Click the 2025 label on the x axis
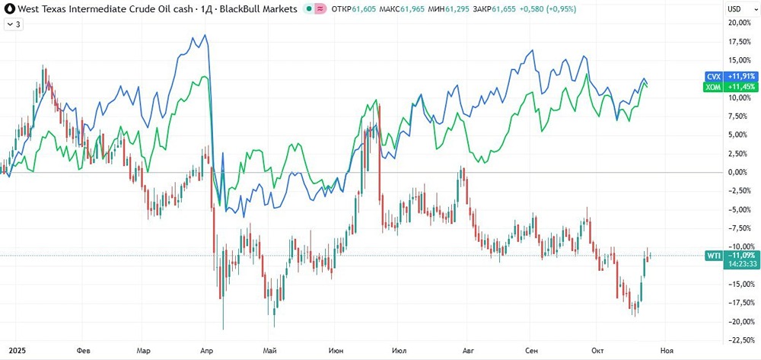11,350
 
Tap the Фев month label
84,350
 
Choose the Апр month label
205,350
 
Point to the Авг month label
465,350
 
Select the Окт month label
598,350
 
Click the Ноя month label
666,350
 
